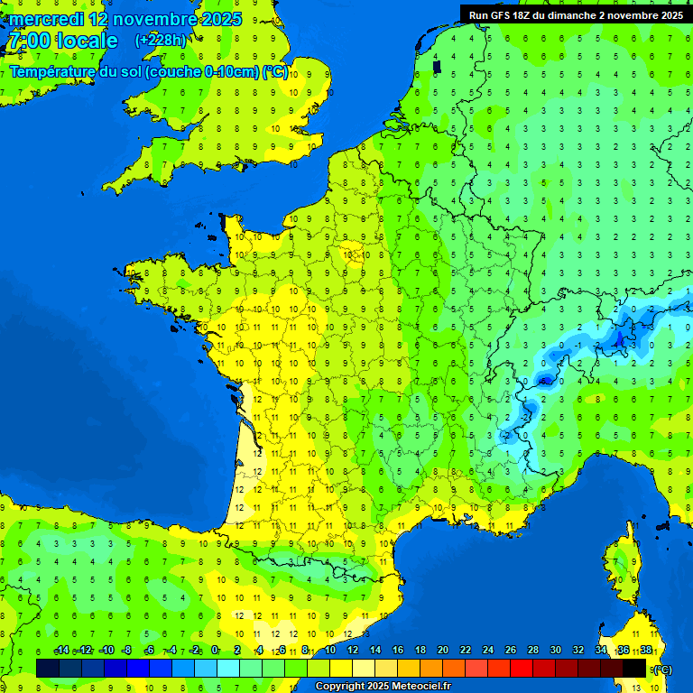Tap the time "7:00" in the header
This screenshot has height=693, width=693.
click(28, 41)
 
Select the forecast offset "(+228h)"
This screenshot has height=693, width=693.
click(161, 40)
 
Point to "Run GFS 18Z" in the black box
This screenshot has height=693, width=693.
click(499, 14)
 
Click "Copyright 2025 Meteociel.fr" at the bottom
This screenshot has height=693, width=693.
click(383, 687)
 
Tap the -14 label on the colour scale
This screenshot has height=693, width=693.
click(61, 651)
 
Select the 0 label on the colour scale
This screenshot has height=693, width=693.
click(215, 651)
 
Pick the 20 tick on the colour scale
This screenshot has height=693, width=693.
click(442, 651)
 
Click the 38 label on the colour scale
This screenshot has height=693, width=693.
click(645, 651)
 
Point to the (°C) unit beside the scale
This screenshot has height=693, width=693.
click(662, 669)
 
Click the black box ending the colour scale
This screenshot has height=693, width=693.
click(634, 668)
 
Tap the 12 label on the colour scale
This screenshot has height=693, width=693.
click(352, 651)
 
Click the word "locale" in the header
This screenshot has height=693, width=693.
click(86, 41)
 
